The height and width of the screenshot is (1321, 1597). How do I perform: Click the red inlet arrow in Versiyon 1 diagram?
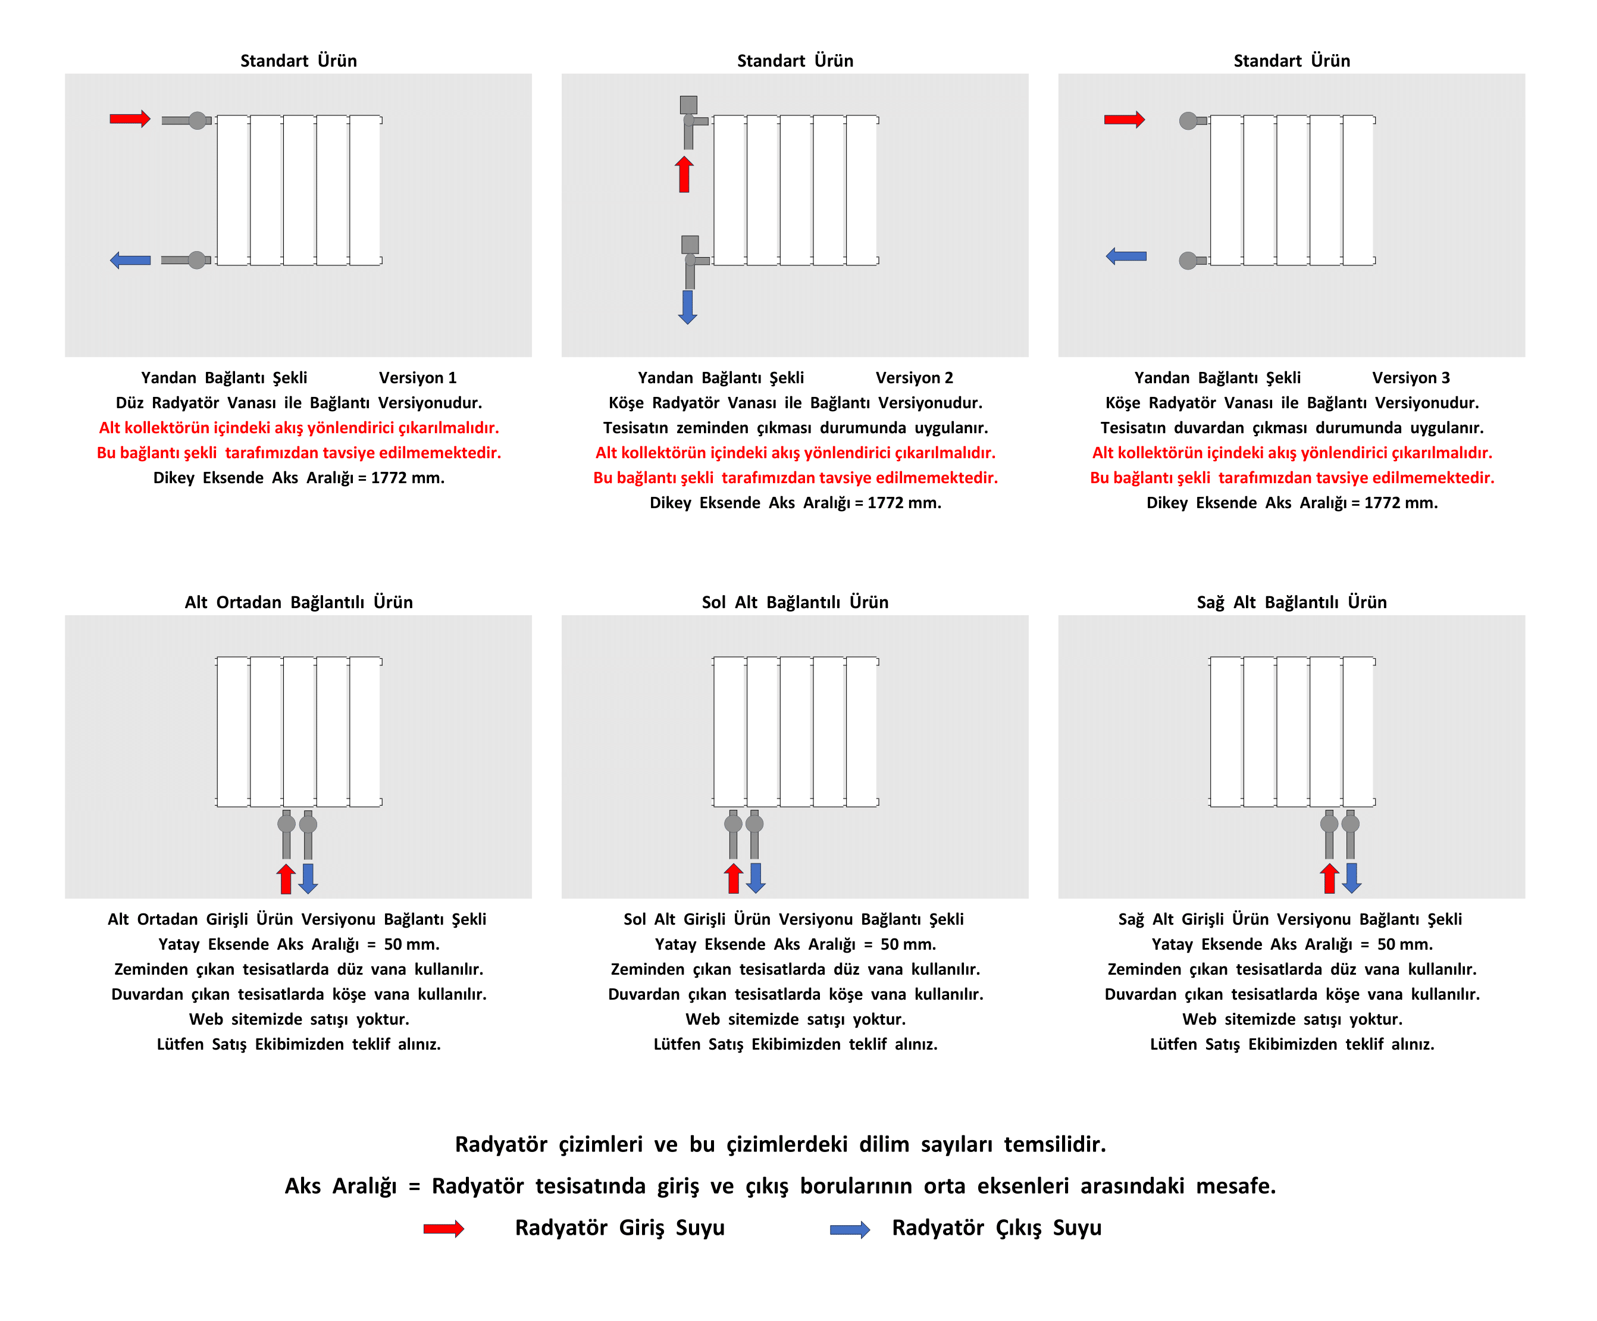click(130, 118)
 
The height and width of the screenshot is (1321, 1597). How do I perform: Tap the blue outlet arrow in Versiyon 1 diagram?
click(130, 260)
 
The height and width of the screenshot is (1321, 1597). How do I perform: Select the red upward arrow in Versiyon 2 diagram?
click(684, 174)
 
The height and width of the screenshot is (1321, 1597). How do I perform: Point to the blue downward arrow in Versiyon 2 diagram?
click(687, 307)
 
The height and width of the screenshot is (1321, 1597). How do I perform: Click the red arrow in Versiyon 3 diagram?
click(1124, 120)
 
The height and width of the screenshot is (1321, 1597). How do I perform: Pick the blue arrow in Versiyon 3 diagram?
click(1126, 256)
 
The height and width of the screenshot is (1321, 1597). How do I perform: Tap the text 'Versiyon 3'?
click(1411, 378)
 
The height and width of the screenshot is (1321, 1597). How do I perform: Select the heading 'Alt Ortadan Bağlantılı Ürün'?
click(298, 602)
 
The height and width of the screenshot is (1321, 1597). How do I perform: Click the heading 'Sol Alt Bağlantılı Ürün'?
click(795, 602)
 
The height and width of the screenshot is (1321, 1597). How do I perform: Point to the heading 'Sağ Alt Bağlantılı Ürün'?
click(1291, 602)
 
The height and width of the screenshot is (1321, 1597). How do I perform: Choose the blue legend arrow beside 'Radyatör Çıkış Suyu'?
click(850, 1230)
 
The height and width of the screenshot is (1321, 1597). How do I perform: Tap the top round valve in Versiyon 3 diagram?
click(1188, 120)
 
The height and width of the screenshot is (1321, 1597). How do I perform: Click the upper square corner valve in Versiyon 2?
click(688, 105)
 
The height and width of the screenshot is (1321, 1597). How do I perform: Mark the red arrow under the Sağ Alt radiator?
click(1329, 878)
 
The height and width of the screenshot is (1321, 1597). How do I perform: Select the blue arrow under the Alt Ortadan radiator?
click(308, 878)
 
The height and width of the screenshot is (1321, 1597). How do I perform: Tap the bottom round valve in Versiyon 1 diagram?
click(197, 260)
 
